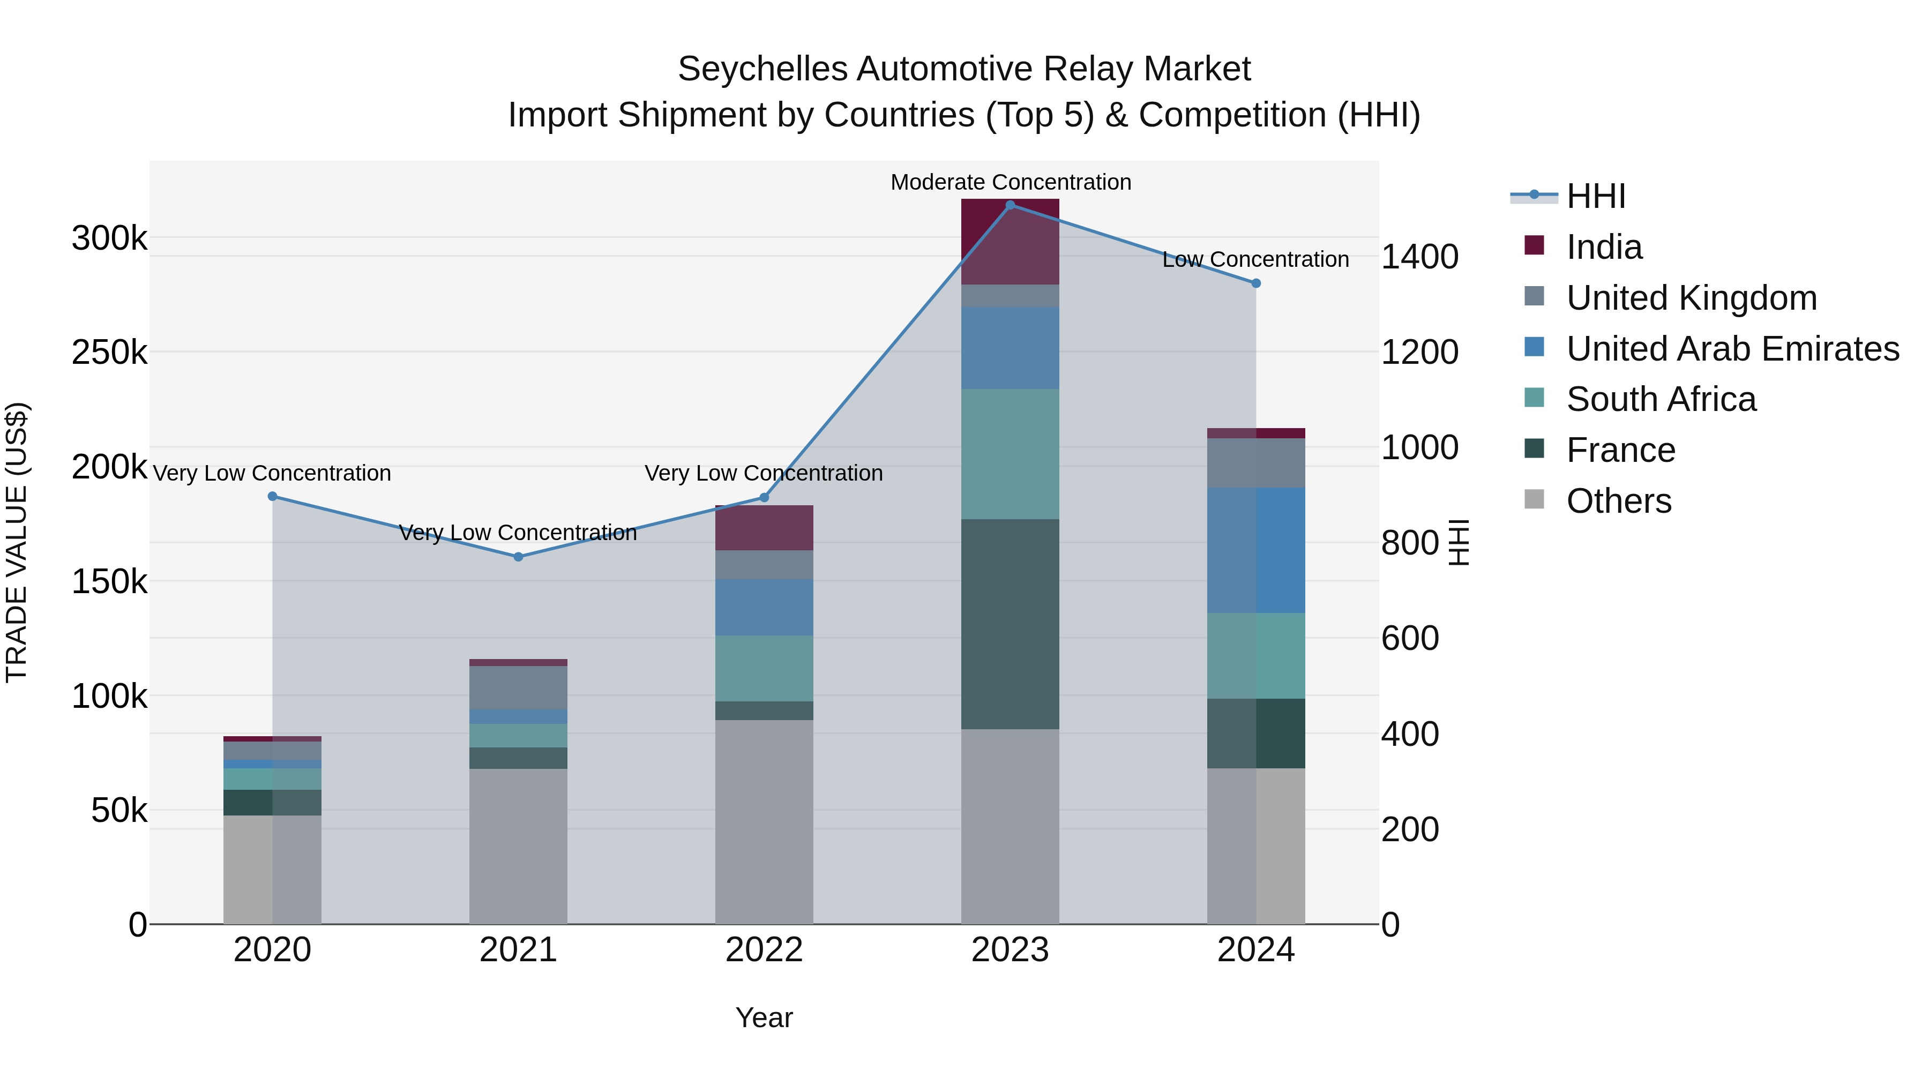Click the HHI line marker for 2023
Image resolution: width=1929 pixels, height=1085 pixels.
1010,205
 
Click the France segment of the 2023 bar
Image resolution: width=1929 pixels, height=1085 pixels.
1010,624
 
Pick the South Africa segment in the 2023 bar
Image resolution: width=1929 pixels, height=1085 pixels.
1010,454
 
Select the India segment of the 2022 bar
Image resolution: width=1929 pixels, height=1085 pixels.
764,528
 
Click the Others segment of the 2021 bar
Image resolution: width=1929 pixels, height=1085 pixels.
518,846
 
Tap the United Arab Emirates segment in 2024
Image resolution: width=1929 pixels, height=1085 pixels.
1257,550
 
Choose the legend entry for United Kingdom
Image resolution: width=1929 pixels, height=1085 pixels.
1692,298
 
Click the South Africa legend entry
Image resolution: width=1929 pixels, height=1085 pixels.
1661,399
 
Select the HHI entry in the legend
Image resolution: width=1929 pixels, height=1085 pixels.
1596,196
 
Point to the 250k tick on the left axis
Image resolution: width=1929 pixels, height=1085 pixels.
109,352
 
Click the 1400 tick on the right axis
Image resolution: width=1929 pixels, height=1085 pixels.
1419,257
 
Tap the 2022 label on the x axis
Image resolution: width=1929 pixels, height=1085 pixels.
764,950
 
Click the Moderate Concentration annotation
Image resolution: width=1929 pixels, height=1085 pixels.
1010,182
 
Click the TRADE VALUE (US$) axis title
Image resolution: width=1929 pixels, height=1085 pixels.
17,542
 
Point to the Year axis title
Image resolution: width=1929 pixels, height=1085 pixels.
764,1017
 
